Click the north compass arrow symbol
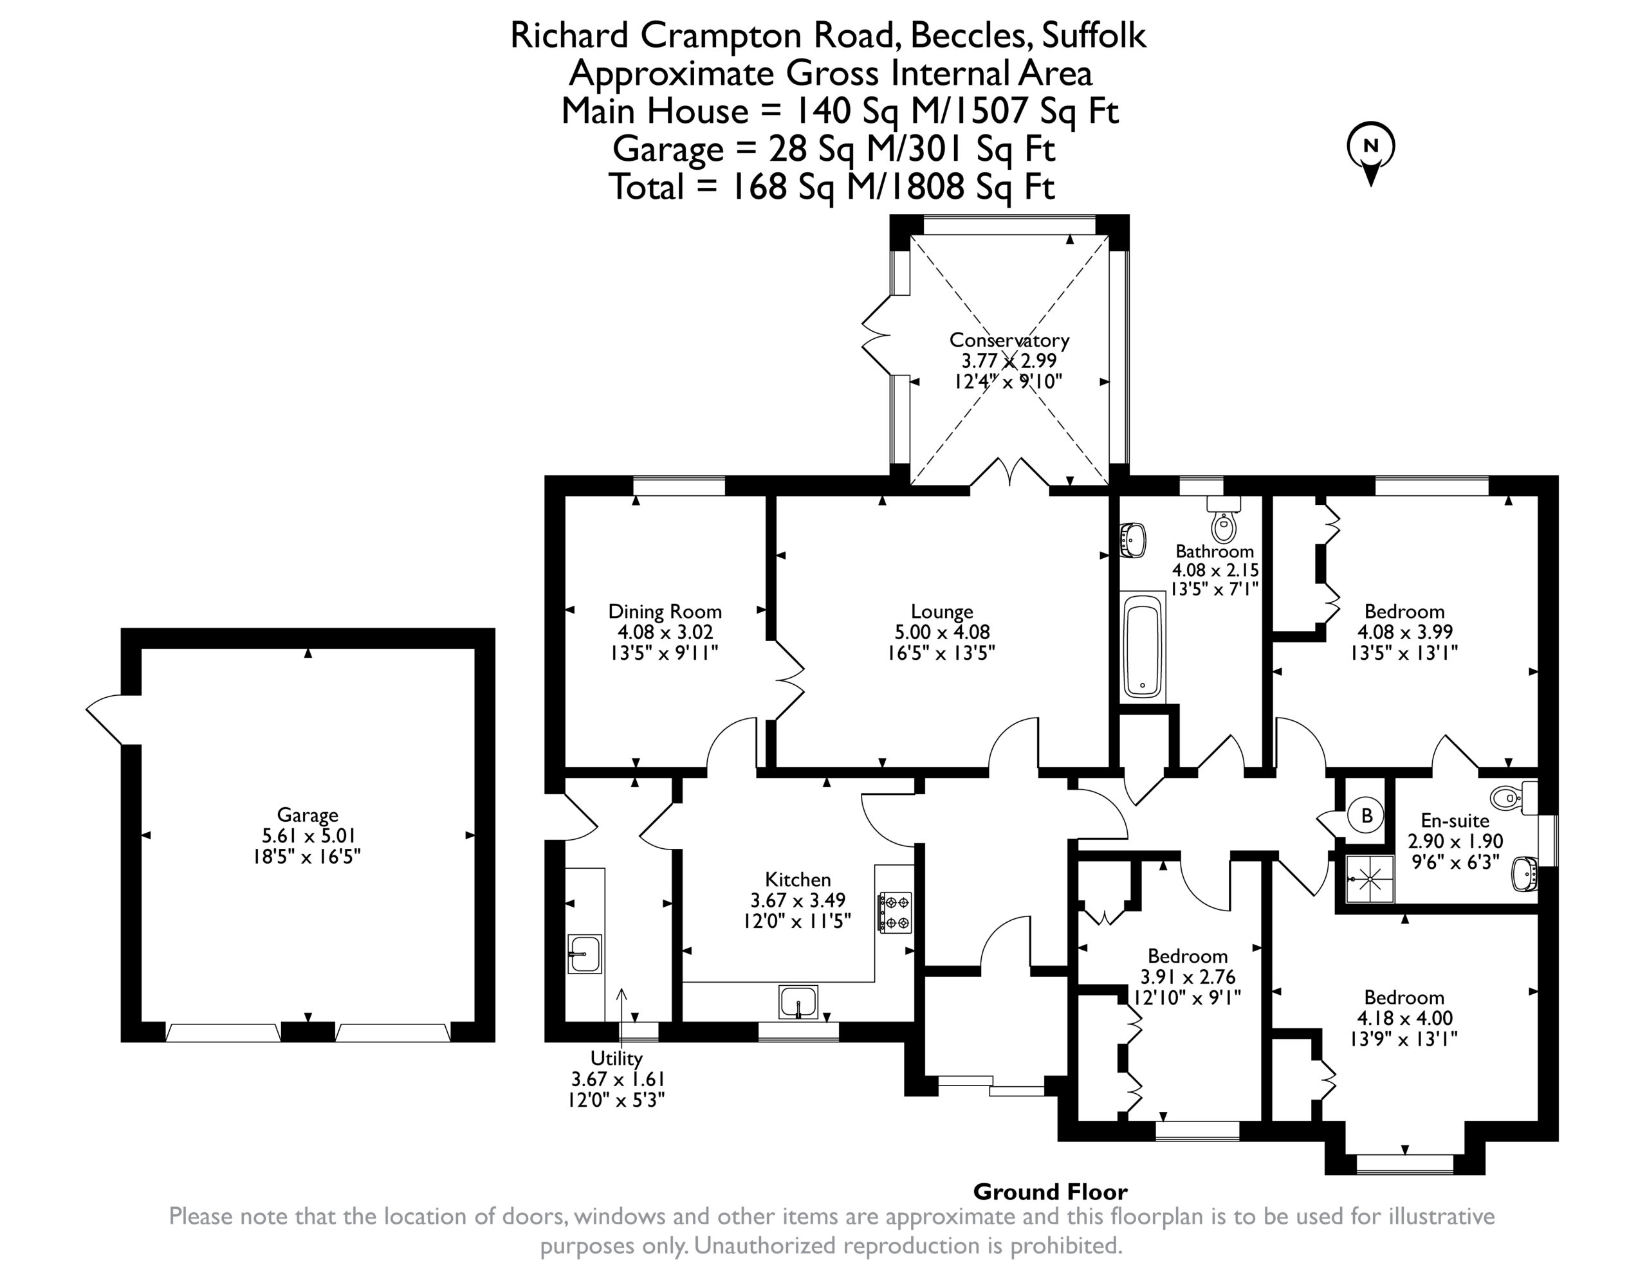pyautogui.click(x=1371, y=154)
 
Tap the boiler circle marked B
pyautogui.click(x=1366, y=816)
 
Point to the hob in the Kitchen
pyautogui.click(x=895, y=913)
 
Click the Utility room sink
pyautogui.click(x=584, y=954)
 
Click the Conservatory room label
pyautogui.click(x=1009, y=340)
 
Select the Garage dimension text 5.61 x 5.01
pyautogui.click(x=308, y=835)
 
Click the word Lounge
pyautogui.click(x=942, y=612)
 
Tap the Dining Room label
pyautogui.click(x=665, y=612)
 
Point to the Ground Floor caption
pyautogui.click(x=1051, y=1192)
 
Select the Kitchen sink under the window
pyautogui.click(x=798, y=1002)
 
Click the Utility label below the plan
pyautogui.click(x=617, y=1058)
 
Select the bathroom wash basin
pyautogui.click(x=1134, y=541)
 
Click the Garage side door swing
pyautogui.click(x=104, y=720)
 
